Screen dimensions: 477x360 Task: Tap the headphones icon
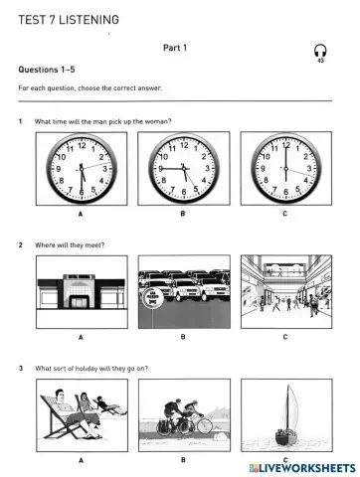point(319,51)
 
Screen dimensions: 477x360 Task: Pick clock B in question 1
point(182,168)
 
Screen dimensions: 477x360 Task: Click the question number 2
point(21,244)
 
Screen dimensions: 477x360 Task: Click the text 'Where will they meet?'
point(71,244)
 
